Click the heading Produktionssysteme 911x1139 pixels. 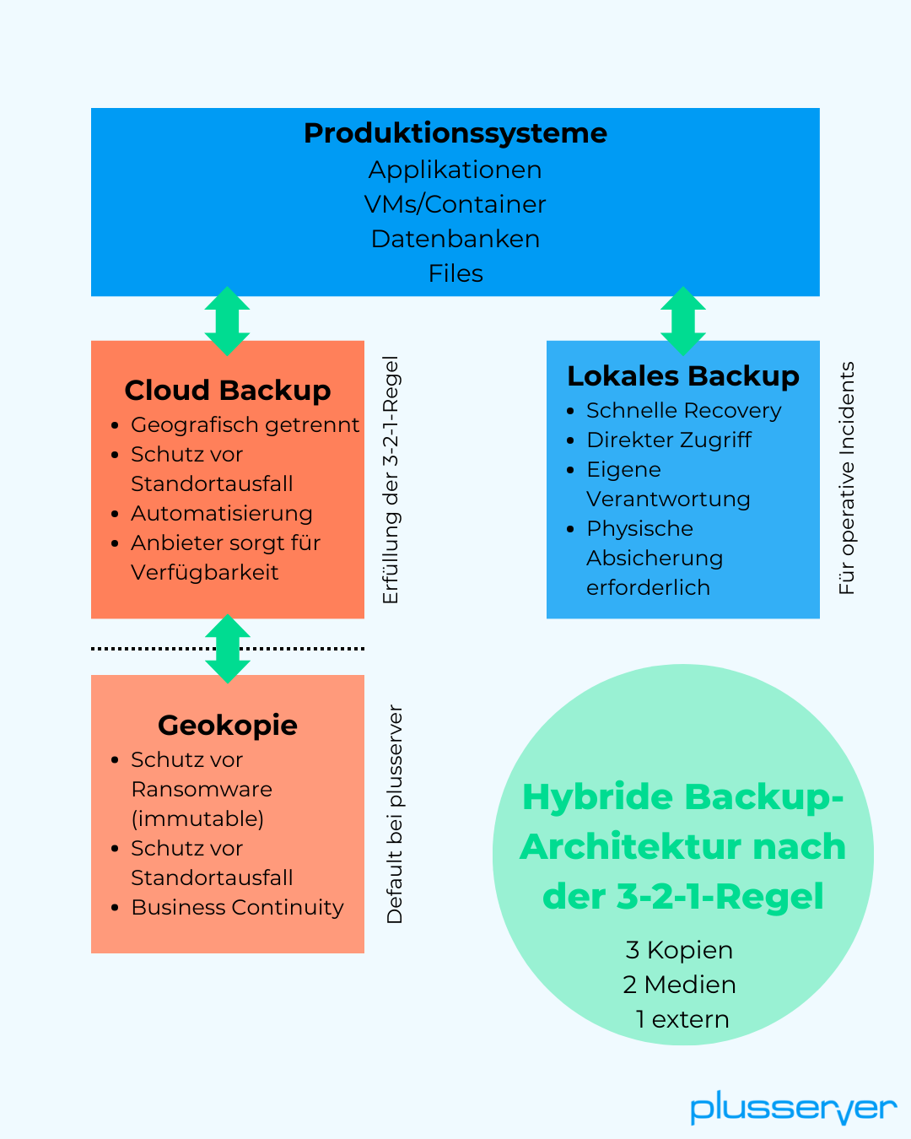click(x=455, y=133)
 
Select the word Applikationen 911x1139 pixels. click(x=455, y=170)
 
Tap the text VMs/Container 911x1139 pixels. click(x=455, y=204)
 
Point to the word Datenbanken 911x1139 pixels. click(x=455, y=239)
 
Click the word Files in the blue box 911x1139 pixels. click(x=455, y=273)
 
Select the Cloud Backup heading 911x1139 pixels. click(x=228, y=390)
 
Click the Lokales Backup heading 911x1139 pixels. click(x=683, y=375)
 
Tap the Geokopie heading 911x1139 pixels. click(x=228, y=725)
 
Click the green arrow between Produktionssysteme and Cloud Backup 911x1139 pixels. click(x=228, y=321)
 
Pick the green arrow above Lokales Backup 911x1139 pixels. click(x=683, y=321)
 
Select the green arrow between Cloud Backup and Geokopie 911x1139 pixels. click(x=228, y=648)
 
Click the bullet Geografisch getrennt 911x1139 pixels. click(x=245, y=424)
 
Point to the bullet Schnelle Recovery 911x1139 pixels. click(x=683, y=410)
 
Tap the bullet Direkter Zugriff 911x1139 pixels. click(x=668, y=440)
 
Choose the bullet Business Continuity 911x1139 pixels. click(x=237, y=907)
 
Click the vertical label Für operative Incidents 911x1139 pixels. click(x=847, y=478)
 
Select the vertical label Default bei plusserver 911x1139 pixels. click(x=395, y=814)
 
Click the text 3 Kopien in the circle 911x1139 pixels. click(x=679, y=950)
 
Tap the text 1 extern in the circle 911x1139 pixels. click(x=682, y=1019)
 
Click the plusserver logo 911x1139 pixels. click(x=793, y=1108)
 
